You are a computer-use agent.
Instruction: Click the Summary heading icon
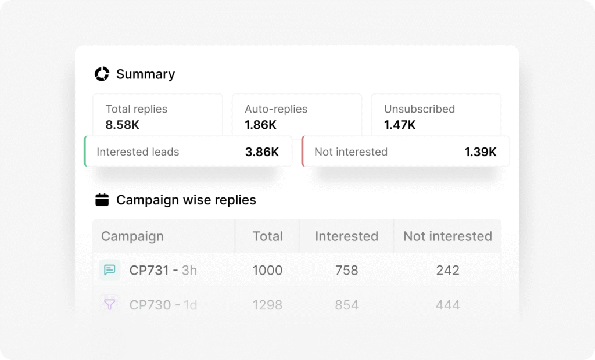[102, 74]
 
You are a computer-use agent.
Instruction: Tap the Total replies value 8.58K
[123, 124]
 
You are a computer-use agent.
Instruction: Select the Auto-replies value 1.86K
[260, 124]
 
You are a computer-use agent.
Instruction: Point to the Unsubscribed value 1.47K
[400, 124]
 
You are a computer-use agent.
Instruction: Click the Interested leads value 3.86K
[261, 152]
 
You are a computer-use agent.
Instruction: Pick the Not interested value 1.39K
[480, 152]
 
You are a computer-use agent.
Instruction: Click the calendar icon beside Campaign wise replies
[102, 200]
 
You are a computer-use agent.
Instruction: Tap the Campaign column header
[132, 236]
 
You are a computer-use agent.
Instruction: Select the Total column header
[267, 236]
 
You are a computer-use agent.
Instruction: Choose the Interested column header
[346, 236]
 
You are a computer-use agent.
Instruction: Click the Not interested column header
[447, 236]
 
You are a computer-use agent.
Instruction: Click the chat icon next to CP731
[109, 270]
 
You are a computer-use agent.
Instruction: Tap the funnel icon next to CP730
[109, 304]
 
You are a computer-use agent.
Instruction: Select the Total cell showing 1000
[267, 270]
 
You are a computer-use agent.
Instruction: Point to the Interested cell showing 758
[346, 270]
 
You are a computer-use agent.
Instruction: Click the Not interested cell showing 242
[447, 270]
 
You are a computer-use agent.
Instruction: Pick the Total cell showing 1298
[267, 305]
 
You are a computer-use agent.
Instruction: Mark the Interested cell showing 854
[346, 305]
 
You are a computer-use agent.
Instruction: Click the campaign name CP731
[149, 270]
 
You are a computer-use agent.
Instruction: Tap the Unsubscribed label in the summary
[419, 109]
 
